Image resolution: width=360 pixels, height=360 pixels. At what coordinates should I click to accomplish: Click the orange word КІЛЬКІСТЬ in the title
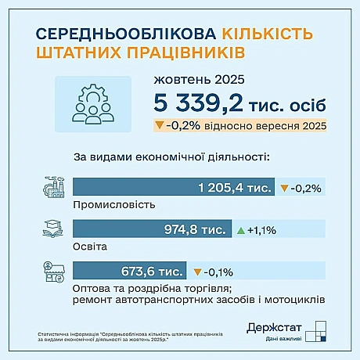[268, 34]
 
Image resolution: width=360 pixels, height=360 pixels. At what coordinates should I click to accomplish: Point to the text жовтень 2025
[200, 80]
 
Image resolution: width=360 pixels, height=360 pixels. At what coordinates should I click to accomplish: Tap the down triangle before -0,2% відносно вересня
[159, 125]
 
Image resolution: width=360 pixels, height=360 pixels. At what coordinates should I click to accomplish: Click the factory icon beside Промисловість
[52, 189]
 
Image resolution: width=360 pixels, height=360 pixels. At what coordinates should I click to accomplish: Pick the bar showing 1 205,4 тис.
[173, 188]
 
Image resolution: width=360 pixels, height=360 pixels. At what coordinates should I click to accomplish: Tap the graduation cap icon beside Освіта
[52, 230]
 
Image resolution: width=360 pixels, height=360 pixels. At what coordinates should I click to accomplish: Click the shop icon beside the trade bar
[52, 272]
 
